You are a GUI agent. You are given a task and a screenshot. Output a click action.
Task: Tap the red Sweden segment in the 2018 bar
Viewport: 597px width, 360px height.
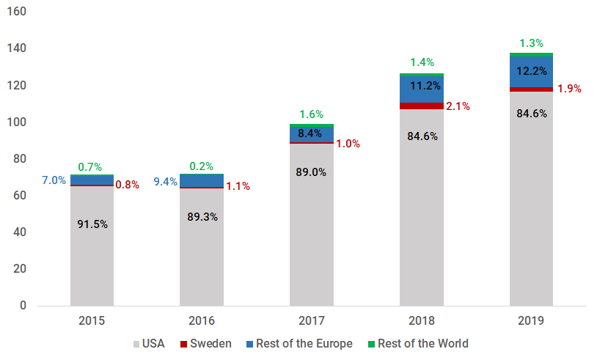(x=421, y=106)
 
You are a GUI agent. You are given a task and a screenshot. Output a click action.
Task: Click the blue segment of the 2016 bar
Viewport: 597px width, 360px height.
(x=202, y=180)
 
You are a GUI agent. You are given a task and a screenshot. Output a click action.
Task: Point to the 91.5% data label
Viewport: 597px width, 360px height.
(x=92, y=224)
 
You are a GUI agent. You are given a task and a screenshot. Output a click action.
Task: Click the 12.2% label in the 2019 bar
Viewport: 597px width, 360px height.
(x=532, y=71)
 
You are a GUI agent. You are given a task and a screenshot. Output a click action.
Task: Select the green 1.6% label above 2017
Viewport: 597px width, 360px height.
(x=312, y=114)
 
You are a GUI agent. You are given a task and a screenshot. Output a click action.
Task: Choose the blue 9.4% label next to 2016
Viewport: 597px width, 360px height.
(x=165, y=181)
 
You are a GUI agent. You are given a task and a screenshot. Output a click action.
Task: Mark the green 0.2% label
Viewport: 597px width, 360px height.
(x=202, y=166)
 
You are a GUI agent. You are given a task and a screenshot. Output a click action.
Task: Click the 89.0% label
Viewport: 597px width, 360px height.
(x=312, y=172)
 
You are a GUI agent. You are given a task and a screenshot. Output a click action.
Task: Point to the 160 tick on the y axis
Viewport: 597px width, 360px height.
(x=17, y=12)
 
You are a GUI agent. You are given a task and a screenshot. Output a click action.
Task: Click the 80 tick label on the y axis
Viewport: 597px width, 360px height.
(x=20, y=159)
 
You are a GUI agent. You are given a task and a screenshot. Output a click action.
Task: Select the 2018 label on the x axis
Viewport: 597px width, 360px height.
(x=421, y=321)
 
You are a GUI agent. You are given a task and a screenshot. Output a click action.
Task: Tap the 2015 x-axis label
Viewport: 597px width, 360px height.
(x=92, y=321)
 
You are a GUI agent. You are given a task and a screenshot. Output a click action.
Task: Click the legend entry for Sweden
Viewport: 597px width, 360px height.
(x=210, y=344)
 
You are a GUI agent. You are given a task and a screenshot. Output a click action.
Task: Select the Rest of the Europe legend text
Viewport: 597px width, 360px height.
(x=304, y=344)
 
